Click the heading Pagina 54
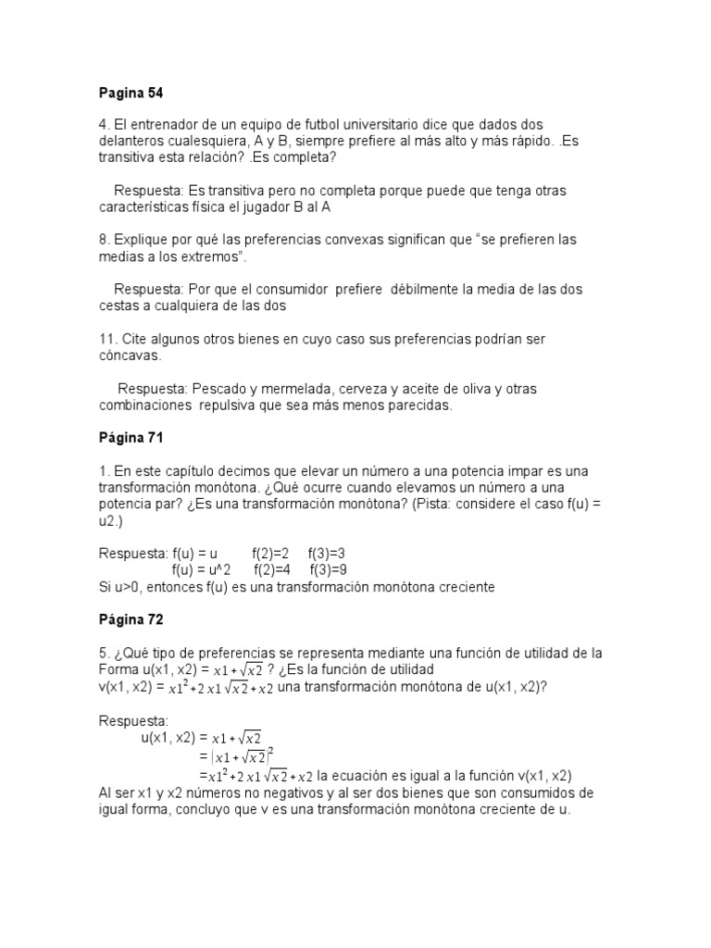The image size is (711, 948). click(131, 94)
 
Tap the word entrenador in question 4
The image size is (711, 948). click(170, 124)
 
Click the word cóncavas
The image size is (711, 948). click(131, 355)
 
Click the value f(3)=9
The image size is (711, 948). click(328, 570)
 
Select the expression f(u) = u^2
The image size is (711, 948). click(202, 570)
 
